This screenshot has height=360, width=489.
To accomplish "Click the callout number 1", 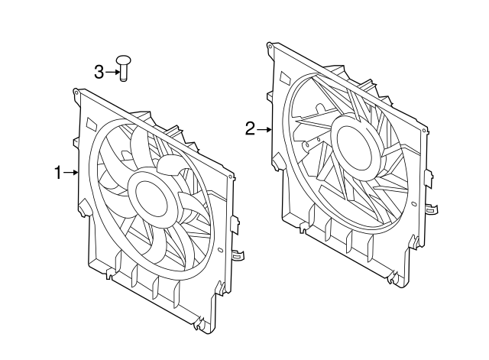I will (x=58, y=173).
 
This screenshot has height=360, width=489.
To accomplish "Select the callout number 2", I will (x=250, y=129).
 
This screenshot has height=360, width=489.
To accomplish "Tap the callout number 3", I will (x=99, y=72).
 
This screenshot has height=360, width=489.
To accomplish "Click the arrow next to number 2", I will (x=264, y=129).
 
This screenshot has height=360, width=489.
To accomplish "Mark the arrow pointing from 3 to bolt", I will (x=111, y=72).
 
